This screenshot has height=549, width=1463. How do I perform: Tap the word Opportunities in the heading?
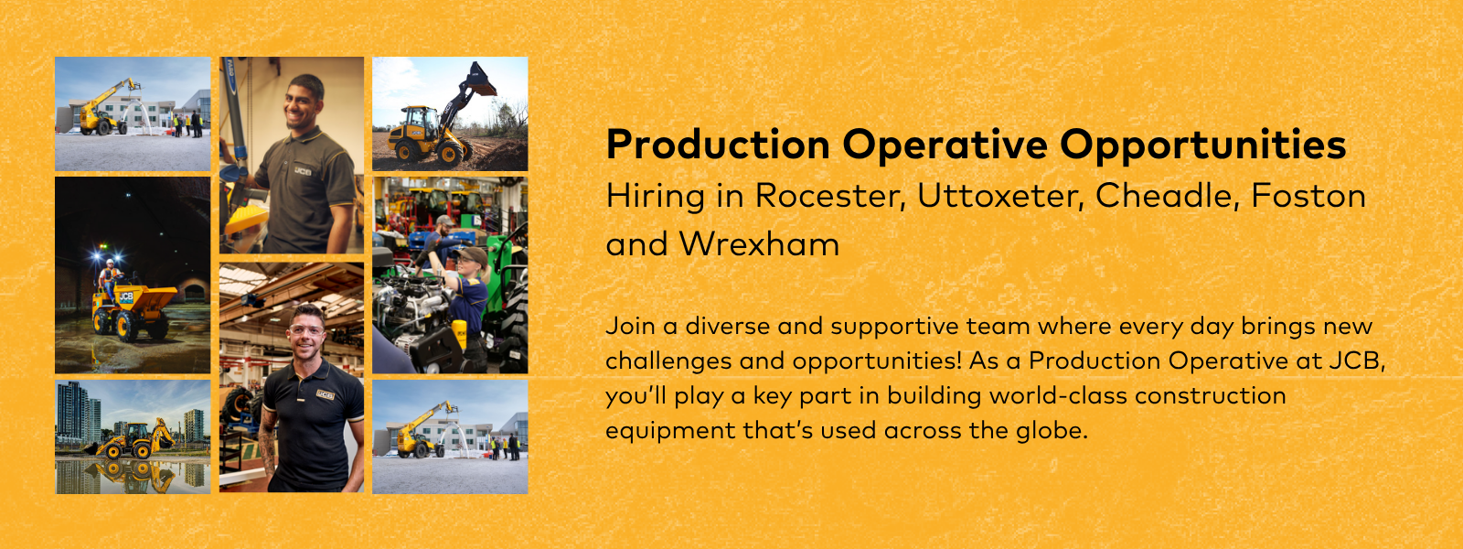click(x=1202, y=145)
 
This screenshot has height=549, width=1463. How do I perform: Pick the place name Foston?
click(x=1308, y=196)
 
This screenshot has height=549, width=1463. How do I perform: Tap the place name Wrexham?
click(x=759, y=243)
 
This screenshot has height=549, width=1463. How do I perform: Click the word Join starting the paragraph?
click(x=630, y=326)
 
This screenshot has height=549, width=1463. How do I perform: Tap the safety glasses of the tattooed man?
click(x=305, y=330)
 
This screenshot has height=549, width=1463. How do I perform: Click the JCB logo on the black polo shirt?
click(x=325, y=394)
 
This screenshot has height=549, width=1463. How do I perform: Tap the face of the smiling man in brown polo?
click(x=304, y=102)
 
